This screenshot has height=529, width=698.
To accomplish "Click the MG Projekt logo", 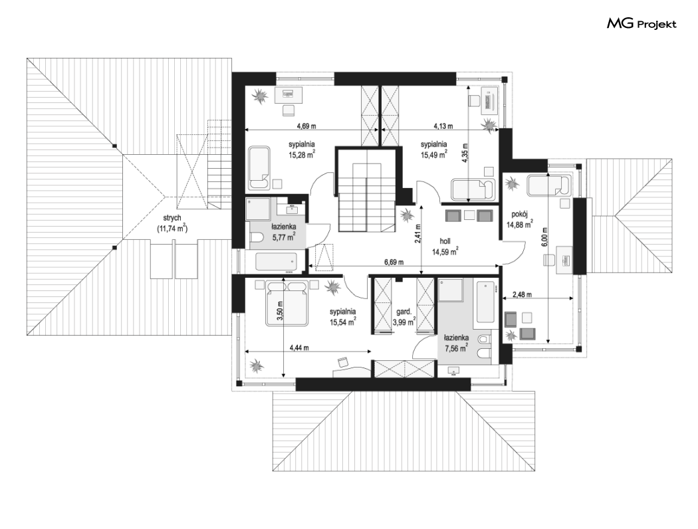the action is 641,23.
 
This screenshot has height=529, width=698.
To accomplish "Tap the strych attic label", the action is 172,218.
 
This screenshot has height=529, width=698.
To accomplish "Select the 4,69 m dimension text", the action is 306,126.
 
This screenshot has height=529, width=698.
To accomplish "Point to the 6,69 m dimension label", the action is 394,262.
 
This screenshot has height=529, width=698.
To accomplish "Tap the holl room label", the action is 445,241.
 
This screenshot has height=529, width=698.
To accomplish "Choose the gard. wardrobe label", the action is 404,312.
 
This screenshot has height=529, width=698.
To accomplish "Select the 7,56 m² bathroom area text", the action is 456,348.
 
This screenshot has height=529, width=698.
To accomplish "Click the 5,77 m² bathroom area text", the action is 284,237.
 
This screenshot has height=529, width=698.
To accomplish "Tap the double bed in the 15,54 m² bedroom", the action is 287,303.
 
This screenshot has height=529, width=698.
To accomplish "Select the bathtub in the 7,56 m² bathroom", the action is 485,302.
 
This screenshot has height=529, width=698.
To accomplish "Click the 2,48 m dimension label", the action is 523,294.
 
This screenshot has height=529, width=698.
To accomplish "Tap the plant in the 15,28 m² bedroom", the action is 260,95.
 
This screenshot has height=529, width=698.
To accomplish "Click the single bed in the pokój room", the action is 548,185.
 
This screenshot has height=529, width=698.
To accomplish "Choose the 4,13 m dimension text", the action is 443,126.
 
